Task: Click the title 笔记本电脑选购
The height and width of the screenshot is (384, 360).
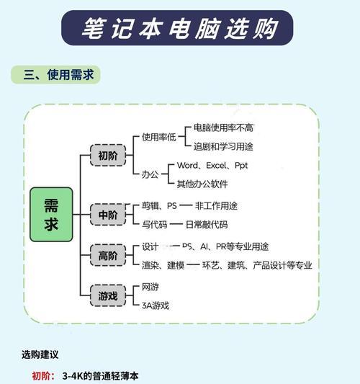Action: pos(179,28)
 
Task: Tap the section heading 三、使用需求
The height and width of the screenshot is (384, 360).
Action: pos(58,75)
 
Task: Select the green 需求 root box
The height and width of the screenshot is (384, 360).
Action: pos(51,215)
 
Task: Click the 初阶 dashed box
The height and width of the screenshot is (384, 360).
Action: pos(108,156)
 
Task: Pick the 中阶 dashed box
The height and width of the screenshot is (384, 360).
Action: pos(108,215)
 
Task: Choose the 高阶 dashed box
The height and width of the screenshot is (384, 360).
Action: pos(108,256)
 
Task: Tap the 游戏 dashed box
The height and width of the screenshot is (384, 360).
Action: pos(108,295)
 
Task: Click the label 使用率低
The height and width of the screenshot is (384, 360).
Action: pos(159,137)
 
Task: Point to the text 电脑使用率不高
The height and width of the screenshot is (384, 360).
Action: pos(223,128)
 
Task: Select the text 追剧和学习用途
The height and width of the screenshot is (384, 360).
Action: pos(223,146)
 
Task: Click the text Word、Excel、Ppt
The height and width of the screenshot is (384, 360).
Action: pos(212,165)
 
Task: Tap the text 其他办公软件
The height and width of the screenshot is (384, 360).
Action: pos(202,184)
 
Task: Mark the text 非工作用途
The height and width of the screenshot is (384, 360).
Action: pos(216,206)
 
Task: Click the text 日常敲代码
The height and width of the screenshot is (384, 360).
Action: pos(207,224)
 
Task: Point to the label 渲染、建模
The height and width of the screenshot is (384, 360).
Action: pos(163,265)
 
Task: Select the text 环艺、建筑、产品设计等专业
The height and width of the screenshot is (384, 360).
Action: pos(257,265)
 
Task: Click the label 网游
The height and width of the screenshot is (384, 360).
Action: pos(150,287)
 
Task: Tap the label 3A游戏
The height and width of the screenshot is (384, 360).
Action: pos(156,305)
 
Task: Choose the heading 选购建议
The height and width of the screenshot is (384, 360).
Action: pos(40,354)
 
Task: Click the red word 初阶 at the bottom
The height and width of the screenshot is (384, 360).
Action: pos(41,376)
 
